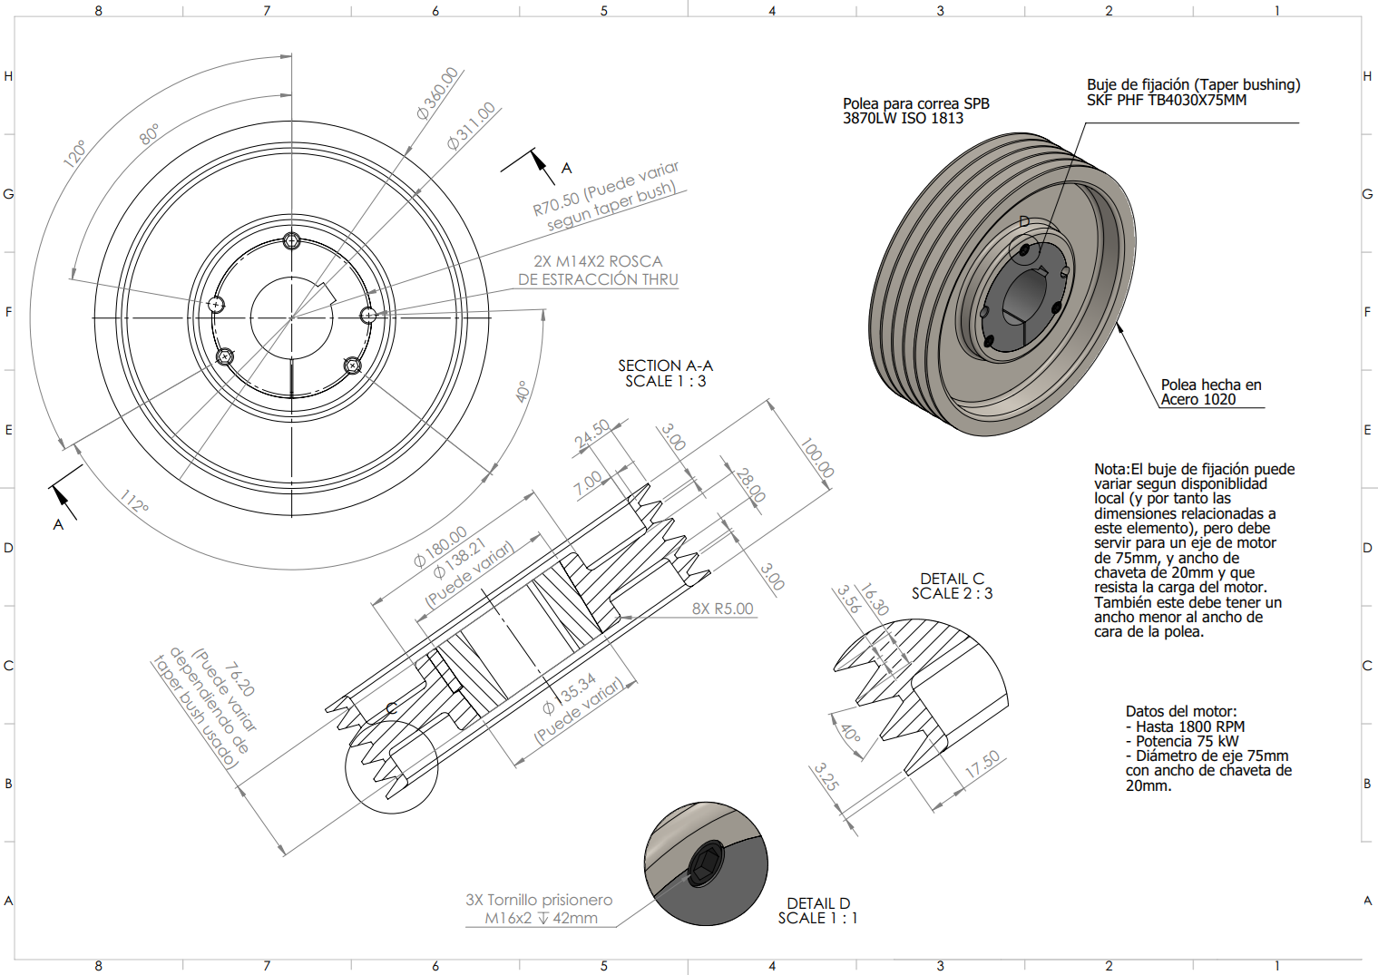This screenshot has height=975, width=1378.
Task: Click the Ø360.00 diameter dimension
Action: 437,94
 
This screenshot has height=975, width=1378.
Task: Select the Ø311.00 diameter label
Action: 471,126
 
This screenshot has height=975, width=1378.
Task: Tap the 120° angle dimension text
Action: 74,153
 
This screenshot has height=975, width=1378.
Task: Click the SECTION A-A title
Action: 665,366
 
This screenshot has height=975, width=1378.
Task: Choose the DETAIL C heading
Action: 952,579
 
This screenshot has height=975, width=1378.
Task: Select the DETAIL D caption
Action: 818,903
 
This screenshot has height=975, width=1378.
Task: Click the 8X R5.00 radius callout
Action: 722,609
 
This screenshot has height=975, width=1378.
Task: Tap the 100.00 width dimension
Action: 816,458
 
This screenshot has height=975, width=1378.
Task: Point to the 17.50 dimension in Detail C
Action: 982,765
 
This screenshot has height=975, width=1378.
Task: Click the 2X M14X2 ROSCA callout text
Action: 598,261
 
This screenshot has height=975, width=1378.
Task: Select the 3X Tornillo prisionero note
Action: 539,900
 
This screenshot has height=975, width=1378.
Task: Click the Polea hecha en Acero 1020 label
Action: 1210,392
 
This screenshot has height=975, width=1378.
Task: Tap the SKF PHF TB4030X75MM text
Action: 1167,100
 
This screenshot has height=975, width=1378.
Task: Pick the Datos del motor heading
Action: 1181,711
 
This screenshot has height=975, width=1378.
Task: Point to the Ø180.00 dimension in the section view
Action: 441,547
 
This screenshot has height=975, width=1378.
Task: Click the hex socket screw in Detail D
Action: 705,864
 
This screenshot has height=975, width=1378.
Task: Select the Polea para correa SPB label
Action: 915,103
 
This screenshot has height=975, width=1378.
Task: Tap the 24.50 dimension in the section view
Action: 592,434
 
